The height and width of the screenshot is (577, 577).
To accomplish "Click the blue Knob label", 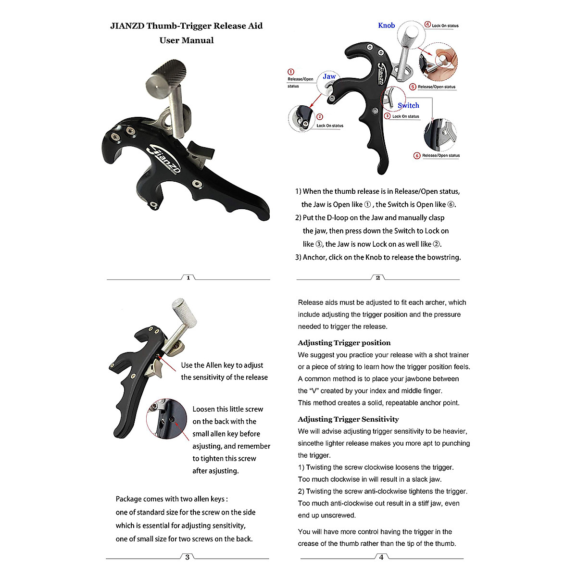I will (386, 25).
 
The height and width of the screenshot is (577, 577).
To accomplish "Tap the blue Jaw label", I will (329, 76).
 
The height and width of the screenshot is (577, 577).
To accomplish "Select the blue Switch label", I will (408, 105).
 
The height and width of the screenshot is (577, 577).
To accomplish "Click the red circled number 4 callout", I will (427, 25).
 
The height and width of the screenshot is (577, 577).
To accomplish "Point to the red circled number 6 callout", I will (417, 155).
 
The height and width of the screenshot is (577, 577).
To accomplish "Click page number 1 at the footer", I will (188, 277).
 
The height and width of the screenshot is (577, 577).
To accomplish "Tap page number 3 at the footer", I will (187, 557).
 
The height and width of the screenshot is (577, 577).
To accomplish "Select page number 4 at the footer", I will (381, 557).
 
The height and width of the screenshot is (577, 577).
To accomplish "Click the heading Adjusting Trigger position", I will (344, 343).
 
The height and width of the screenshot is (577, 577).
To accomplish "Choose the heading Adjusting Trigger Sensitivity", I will (348, 419).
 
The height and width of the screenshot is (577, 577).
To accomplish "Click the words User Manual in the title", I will (187, 40).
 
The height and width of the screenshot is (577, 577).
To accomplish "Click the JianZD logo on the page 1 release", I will (165, 159).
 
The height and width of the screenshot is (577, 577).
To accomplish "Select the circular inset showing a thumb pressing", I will (438, 62).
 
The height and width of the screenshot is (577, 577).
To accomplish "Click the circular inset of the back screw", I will (166, 418).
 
